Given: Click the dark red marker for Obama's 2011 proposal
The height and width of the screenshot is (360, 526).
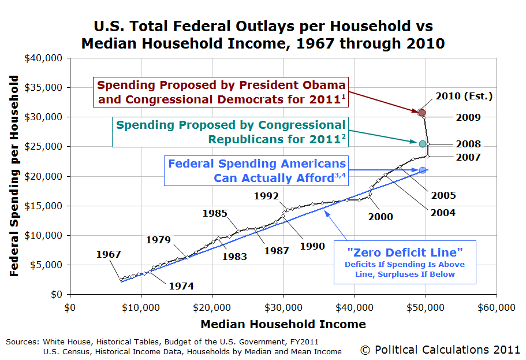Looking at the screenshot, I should [x=422, y=113].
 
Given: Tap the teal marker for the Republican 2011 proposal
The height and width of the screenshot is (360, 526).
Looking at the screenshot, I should [x=422, y=143].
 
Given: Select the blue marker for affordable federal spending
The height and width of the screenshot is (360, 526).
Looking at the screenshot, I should [x=422, y=170].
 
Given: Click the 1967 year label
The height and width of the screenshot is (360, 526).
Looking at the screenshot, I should [x=109, y=254].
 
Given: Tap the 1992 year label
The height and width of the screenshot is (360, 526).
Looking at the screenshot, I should [x=266, y=196].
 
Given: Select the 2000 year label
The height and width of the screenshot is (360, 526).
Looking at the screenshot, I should [x=381, y=217].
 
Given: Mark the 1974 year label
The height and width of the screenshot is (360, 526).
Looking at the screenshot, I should [x=181, y=285].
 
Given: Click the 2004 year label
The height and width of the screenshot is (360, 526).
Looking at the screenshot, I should [x=443, y=213].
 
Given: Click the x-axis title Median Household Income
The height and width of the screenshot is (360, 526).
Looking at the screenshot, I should [x=283, y=324].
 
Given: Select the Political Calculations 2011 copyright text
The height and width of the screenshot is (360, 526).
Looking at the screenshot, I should [x=440, y=350].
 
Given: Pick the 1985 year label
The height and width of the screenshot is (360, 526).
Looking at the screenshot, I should [x=215, y=213].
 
